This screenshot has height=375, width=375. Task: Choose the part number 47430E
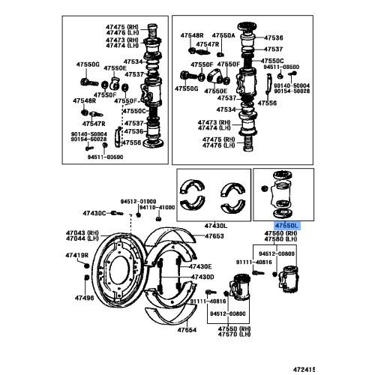click(x=199, y=266)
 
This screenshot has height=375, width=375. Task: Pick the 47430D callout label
click(x=202, y=277)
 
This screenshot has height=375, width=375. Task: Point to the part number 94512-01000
click(x=138, y=201)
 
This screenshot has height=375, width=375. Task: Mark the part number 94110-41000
click(x=156, y=208)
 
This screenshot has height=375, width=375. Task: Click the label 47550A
click(x=223, y=35)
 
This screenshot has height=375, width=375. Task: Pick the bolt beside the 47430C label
click(x=115, y=213)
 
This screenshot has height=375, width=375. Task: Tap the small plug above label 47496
click(x=81, y=283)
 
